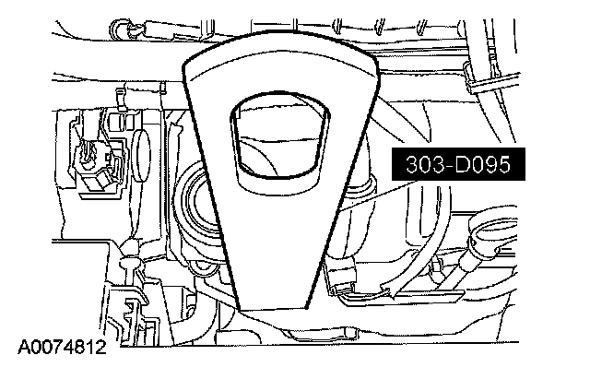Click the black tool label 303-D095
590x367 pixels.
[x=458, y=164]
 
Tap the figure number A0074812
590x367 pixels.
[x=62, y=347]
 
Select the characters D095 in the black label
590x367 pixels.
[x=482, y=164]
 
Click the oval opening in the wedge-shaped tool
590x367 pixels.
[x=280, y=135]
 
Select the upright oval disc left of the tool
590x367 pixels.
[x=141, y=156]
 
